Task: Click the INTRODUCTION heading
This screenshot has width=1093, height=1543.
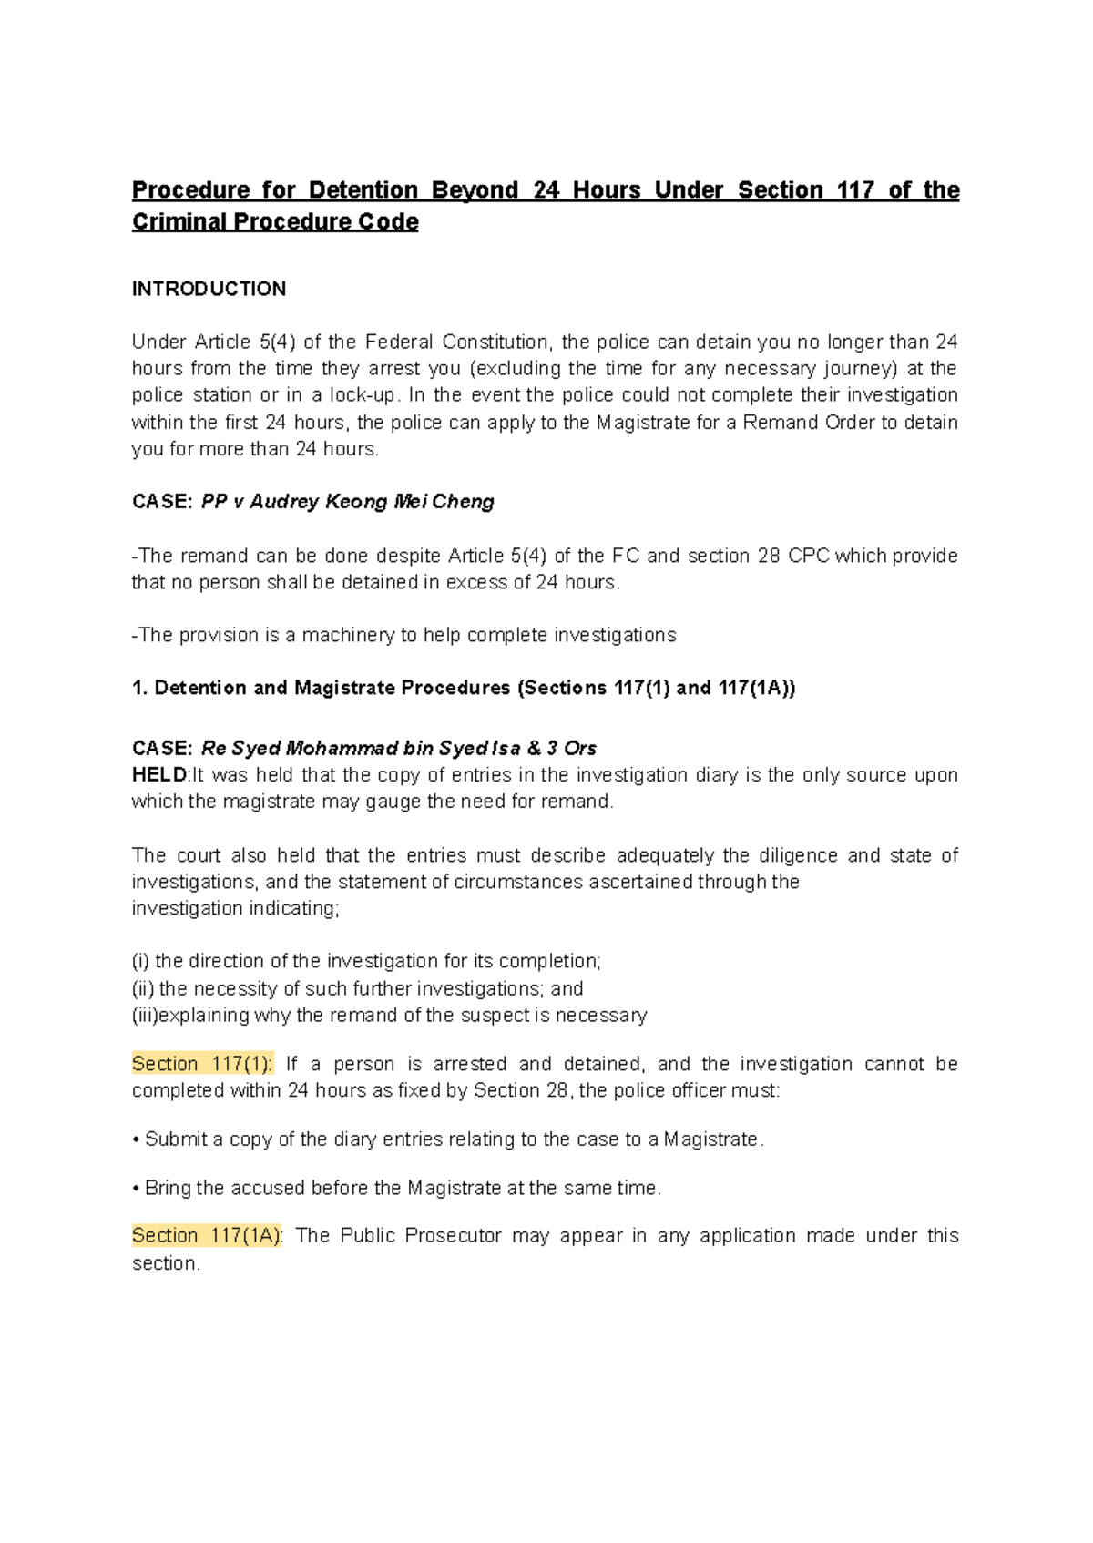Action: pyautogui.click(x=209, y=289)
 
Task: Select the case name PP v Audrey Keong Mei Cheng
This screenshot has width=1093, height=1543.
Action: pyautogui.click(x=347, y=502)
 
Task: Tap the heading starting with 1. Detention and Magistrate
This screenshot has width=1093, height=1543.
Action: pyautogui.click(x=464, y=688)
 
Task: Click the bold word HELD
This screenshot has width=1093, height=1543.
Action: pyautogui.click(x=158, y=775)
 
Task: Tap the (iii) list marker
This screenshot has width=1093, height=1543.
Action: pyautogui.click(x=145, y=1016)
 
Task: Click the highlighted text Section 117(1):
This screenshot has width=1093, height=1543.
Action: pyautogui.click(x=202, y=1064)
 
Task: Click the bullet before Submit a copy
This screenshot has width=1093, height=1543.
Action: pyautogui.click(x=136, y=1140)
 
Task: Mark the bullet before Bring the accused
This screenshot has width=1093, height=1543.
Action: pyautogui.click(x=136, y=1189)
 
